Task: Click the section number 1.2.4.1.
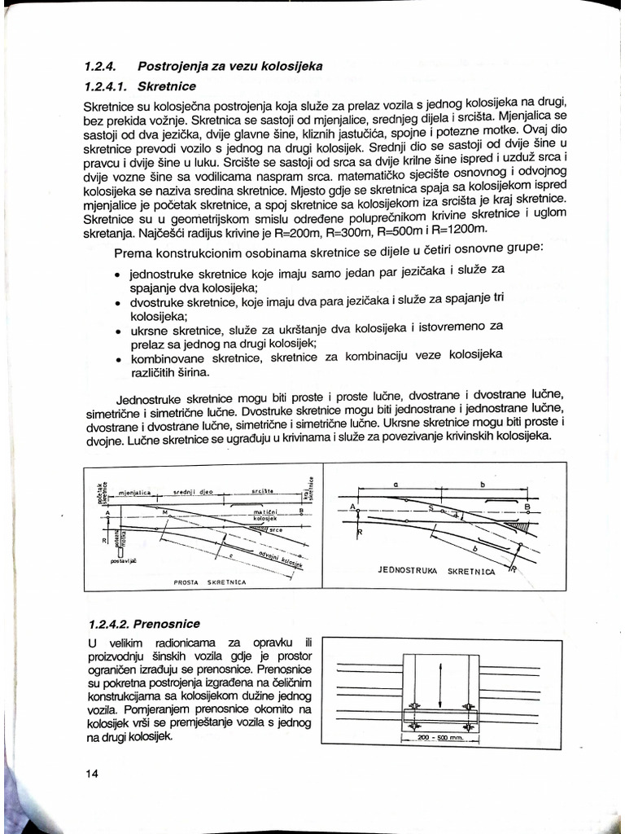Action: (x=107, y=85)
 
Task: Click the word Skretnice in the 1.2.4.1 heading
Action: (x=166, y=85)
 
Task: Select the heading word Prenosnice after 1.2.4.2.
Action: (x=168, y=624)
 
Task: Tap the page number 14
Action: (x=91, y=773)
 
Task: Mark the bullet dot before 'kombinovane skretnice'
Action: (x=119, y=359)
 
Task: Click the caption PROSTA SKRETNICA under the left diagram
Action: (x=211, y=583)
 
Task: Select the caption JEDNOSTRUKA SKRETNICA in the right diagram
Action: (x=436, y=571)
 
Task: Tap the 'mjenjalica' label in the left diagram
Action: (x=135, y=494)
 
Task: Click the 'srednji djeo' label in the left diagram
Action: (x=193, y=493)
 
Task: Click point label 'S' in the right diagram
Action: (x=430, y=507)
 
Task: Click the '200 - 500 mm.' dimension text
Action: (x=439, y=738)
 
